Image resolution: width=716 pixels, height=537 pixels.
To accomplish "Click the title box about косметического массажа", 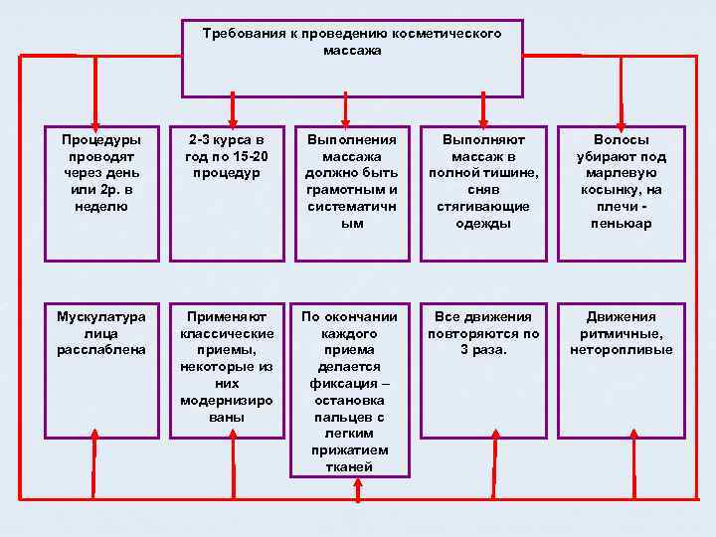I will pos(352,58).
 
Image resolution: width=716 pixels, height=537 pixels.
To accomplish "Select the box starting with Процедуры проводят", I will pos(101,193).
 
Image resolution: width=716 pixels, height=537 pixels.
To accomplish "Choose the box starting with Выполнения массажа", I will pos(352,193).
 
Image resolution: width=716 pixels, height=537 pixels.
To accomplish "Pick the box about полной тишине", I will pos(483,193).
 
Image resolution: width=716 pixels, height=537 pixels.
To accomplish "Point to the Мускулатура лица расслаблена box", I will pos(101,368).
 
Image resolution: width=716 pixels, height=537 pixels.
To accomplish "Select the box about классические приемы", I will pos(228,368).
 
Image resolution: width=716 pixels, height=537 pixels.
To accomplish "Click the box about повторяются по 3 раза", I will pos(483,368).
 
